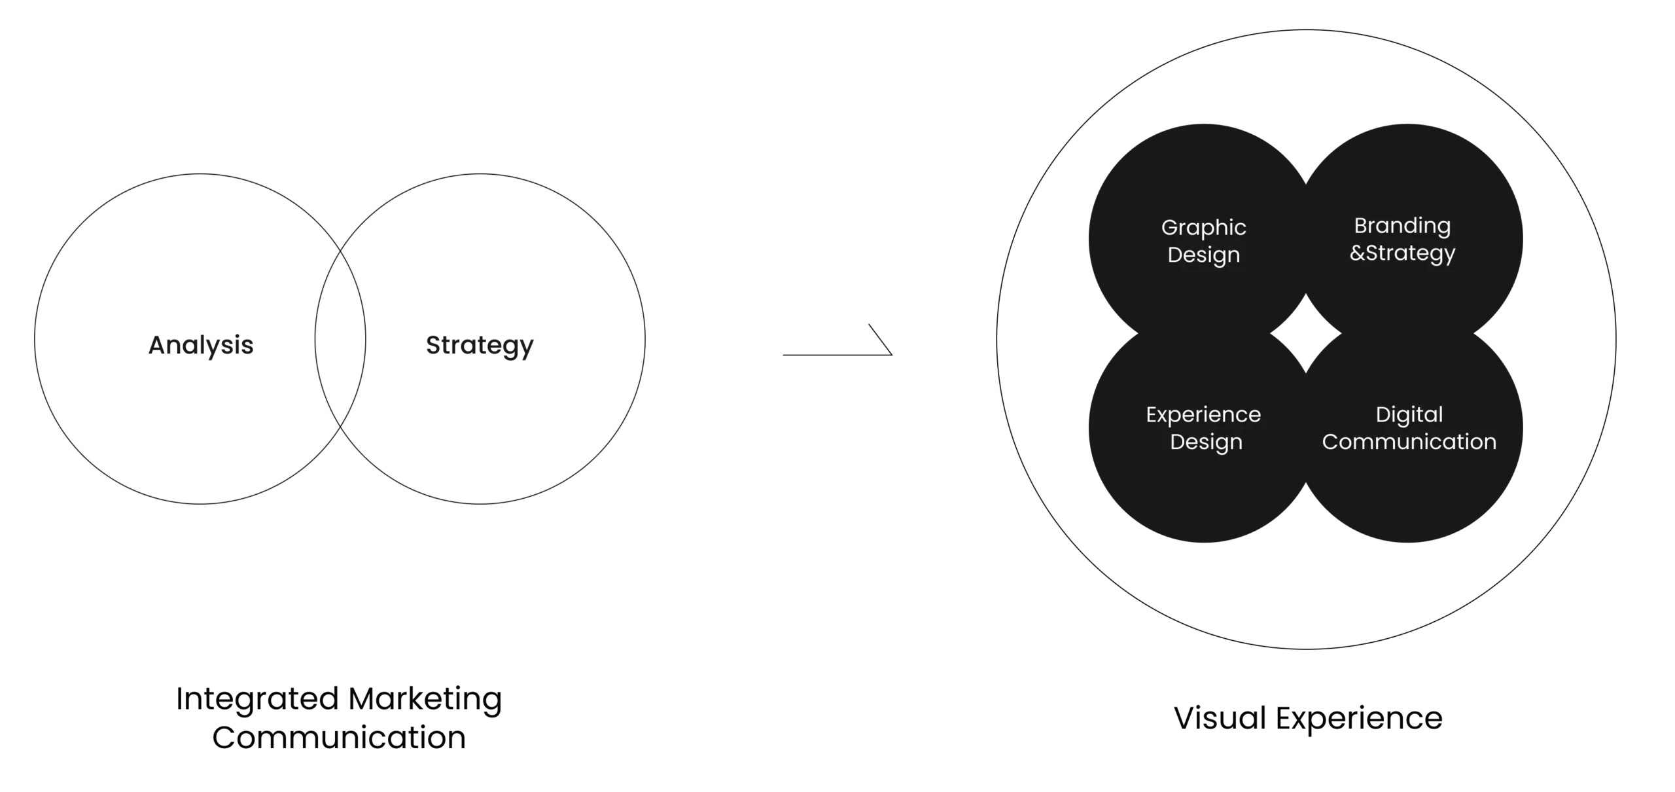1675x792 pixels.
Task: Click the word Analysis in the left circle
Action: [201, 346]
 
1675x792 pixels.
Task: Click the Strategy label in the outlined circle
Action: [480, 346]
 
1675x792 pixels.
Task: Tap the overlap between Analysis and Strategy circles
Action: [340, 339]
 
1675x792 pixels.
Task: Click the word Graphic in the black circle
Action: [1204, 228]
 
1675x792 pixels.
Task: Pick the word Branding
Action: [1402, 226]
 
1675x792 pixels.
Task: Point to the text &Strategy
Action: [1402, 253]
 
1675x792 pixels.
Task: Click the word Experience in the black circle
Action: [1203, 415]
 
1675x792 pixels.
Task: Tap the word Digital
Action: [1409, 414]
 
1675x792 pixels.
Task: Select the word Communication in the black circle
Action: [1409, 442]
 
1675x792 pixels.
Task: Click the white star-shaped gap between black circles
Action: [1306, 333]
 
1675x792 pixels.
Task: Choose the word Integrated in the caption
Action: [257, 699]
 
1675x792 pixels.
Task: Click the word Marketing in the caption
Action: [425, 699]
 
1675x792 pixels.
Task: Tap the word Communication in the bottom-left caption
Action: [339, 738]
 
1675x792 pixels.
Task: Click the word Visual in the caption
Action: [1220, 718]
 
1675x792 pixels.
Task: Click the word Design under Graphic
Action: [1204, 255]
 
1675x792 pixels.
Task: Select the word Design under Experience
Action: [1206, 442]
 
